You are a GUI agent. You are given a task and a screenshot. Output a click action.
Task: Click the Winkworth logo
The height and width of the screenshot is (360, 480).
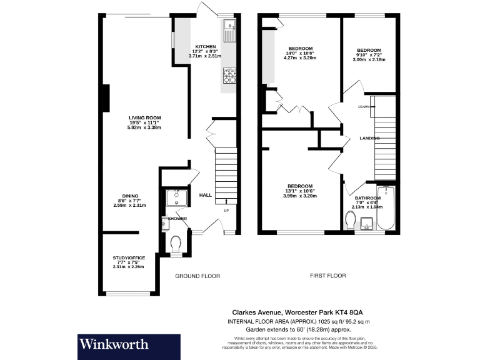point(113,344)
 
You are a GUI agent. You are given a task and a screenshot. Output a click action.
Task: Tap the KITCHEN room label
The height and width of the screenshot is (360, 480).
point(206,47)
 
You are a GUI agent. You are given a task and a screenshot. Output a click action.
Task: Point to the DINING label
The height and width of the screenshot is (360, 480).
point(131,196)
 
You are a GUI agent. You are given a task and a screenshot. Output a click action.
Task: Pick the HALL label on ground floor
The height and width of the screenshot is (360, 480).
point(205,196)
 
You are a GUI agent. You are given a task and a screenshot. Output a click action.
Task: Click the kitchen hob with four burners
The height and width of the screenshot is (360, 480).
point(229,75)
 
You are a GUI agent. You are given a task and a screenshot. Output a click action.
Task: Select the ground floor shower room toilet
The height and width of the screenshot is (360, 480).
point(176,242)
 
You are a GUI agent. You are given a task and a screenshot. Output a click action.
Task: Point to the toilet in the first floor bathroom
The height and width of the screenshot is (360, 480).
point(351,219)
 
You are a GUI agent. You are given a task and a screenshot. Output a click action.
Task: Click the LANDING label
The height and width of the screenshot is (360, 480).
point(370,138)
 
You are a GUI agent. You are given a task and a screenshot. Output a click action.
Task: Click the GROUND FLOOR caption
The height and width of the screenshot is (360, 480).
point(197,276)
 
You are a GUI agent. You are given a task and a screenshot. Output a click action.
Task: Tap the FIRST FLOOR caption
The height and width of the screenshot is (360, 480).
point(327,275)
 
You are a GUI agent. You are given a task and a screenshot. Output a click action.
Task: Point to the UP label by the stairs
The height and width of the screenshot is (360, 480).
point(226,210)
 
